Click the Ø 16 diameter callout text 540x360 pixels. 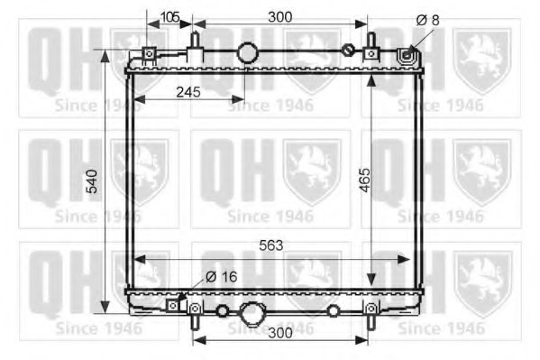pyautogui.click(x=221, y=277)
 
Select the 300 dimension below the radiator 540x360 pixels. pyautogui.click(x=282, y=333)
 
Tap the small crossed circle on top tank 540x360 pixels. pyautogui.click(x=348, y=50)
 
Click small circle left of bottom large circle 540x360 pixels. pyautogui.click(x=222, y=311)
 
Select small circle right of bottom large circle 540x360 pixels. pyautogui.click(x=334, y=311)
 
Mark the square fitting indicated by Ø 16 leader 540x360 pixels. pyautogui.click(x=173, y=305)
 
